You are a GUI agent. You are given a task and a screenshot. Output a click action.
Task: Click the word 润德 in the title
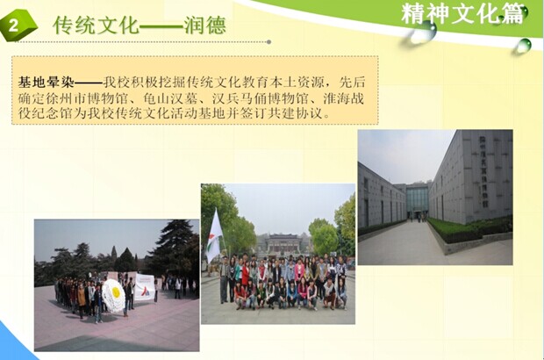[x=205, y=25]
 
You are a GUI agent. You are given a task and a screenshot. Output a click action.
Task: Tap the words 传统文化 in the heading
[x=97, y=25]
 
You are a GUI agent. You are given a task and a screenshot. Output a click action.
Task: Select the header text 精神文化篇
[x=462, y=15]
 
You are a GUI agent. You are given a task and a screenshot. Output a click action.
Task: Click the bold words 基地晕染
[x=47, y=83]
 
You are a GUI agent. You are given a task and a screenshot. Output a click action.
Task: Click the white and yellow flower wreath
[x=113, y=295]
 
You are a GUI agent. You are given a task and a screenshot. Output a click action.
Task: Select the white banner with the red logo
[x=144, y=287]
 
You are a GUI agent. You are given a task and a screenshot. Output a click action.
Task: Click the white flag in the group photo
[x=214, y=237]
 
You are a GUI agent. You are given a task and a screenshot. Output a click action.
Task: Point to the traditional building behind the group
[x=283, y=244]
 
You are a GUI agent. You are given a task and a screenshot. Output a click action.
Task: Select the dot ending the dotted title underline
[x=268, y=42]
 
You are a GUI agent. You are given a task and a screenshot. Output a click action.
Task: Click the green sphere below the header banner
[x=526, y=45]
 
